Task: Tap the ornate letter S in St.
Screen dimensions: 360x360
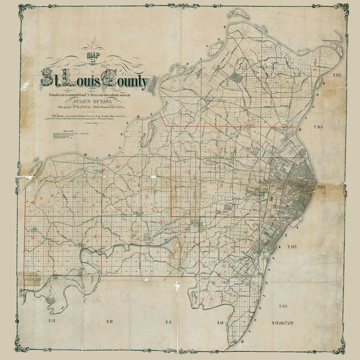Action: tap(48, 79)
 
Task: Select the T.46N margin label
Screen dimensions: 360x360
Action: tap(319, 127)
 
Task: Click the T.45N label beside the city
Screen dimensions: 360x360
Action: tap(323, 187)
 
